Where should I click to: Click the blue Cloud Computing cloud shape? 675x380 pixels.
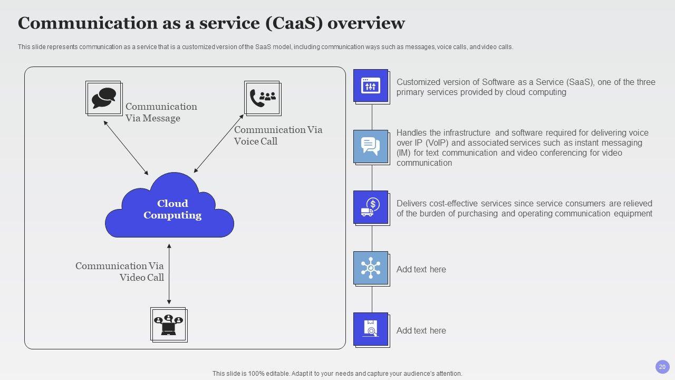tap(170, 208)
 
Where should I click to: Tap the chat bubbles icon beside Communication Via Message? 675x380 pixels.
tap(103, 98)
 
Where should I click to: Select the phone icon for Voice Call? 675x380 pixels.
tap(262, 98)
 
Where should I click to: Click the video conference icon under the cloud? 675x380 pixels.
tap(168, 325)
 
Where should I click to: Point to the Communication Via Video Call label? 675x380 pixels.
tap(120, 272)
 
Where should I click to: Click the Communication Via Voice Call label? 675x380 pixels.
tap(278, 136)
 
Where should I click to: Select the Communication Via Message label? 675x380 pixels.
tap(161, 112)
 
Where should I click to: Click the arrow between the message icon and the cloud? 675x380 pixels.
tap(126, 148)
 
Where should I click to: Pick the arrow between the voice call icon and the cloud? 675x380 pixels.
tap(218, 144)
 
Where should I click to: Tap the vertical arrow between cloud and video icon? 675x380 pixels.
tap(169, 274)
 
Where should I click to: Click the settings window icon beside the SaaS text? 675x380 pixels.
tap(371, 86)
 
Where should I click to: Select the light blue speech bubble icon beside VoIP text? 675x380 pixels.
tap(371, 146)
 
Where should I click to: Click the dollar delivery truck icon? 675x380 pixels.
tap(371, 207)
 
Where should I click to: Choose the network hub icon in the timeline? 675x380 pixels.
tap(371, 268)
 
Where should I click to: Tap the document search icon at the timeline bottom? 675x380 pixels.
tap(371, 328)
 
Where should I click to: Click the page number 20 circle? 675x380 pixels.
tap(662, 367)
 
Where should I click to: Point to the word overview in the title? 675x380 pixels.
tap(370, 23)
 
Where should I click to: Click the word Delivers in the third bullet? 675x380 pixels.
tap(412, 204)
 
